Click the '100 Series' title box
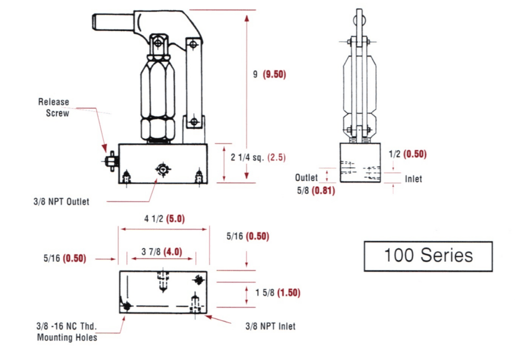(428, 256)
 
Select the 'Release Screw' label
(54, 107)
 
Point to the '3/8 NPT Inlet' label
(270, 326)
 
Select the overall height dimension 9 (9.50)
(269, 75)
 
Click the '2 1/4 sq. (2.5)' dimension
(258, 157)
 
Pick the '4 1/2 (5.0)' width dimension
(163, 219)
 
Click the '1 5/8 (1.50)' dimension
(274, 293)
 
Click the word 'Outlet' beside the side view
(306, 177)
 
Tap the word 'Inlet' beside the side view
(413, 179)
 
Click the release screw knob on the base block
(110, 162)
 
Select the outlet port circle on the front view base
(163, 170)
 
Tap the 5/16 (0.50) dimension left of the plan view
(64, 259)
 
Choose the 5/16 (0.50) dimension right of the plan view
(248, 237)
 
